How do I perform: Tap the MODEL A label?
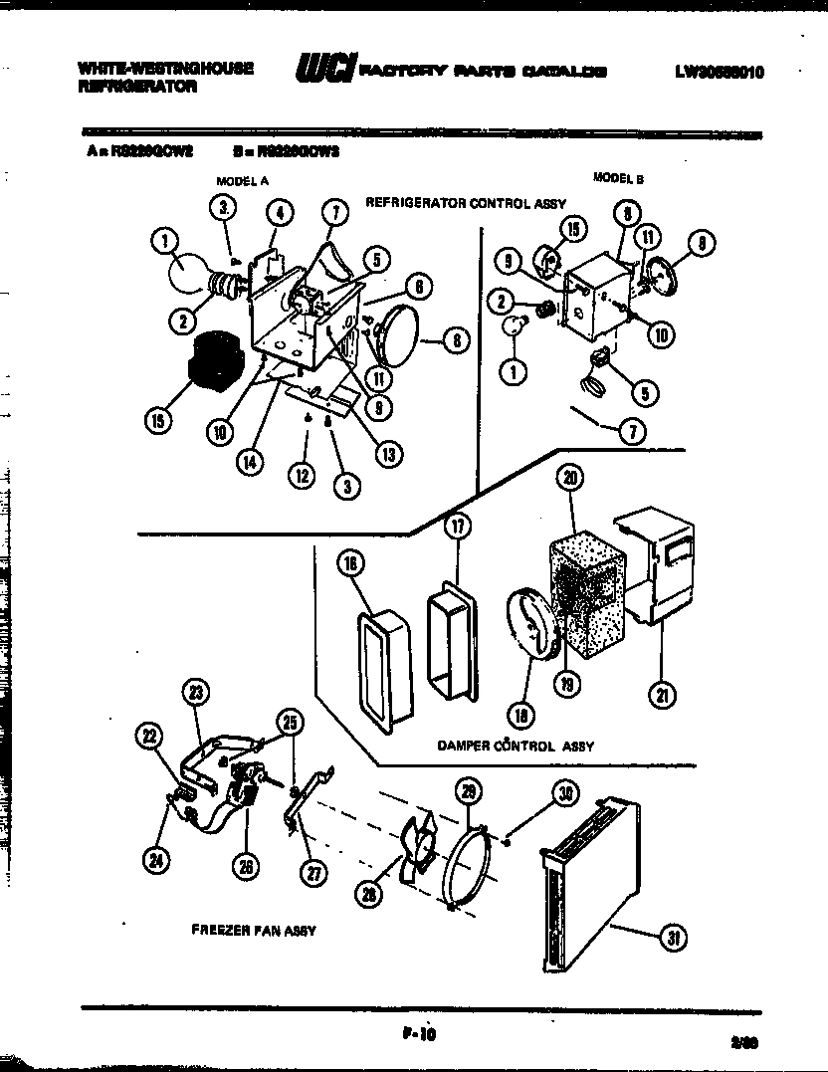point(243,181)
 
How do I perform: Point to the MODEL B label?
point(618,178)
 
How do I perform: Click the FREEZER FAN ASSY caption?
point(253,931)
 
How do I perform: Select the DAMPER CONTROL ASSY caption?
point(516,745)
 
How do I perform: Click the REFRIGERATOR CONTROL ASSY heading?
point(466,202)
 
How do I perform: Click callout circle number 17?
point(456,526)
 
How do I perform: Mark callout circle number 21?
point(660,695)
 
